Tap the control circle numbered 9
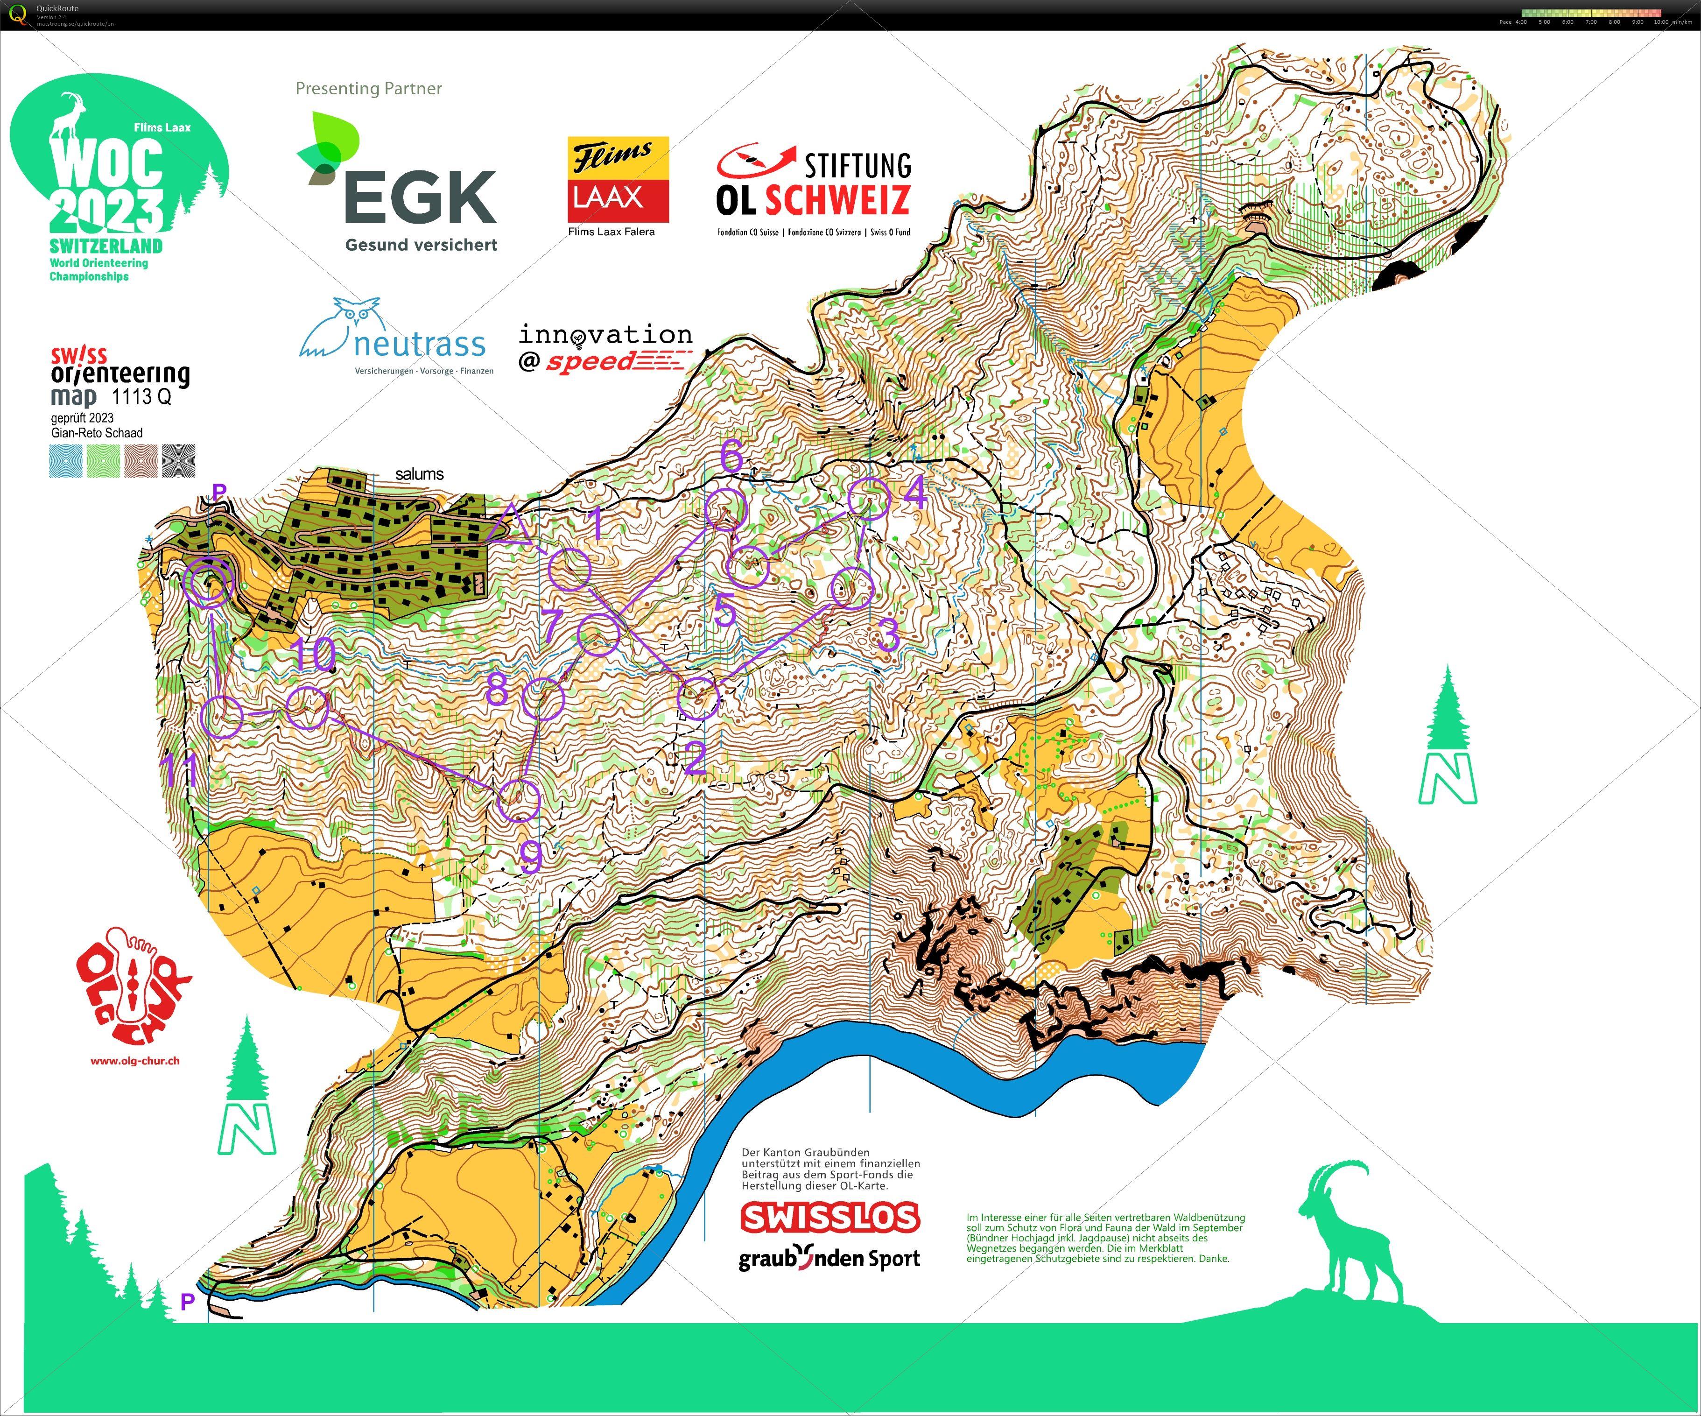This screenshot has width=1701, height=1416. click(x=519, y=800)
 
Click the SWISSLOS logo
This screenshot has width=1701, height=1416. click(x=830, y=1217)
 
